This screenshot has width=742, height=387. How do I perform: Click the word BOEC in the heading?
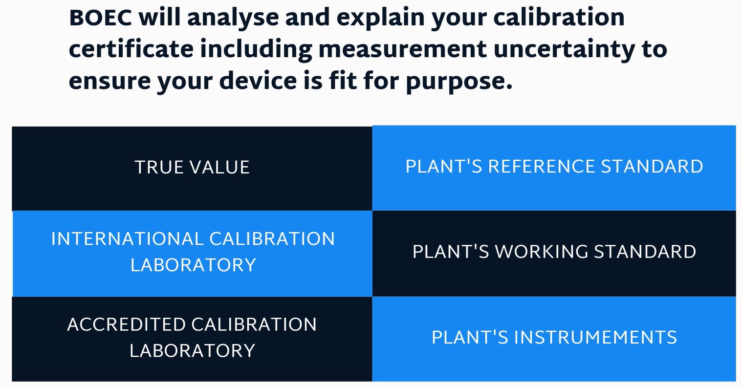pyautogui.click(x=100, y=18)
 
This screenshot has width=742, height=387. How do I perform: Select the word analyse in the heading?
pyautogui.click(x=234, y=18)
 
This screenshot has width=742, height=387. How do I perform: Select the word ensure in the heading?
pyautogui.click(x=109, y=81)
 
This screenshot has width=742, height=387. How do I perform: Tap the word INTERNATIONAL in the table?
pyautogui.click(x=127, y=239)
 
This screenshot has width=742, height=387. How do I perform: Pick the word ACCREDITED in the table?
pyautogui.click(x=126, y=324)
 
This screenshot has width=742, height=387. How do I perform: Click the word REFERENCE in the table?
pyautogui.click(x=541, y=167)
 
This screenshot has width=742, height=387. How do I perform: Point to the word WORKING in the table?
pyautogui.click(x=542, y=252)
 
